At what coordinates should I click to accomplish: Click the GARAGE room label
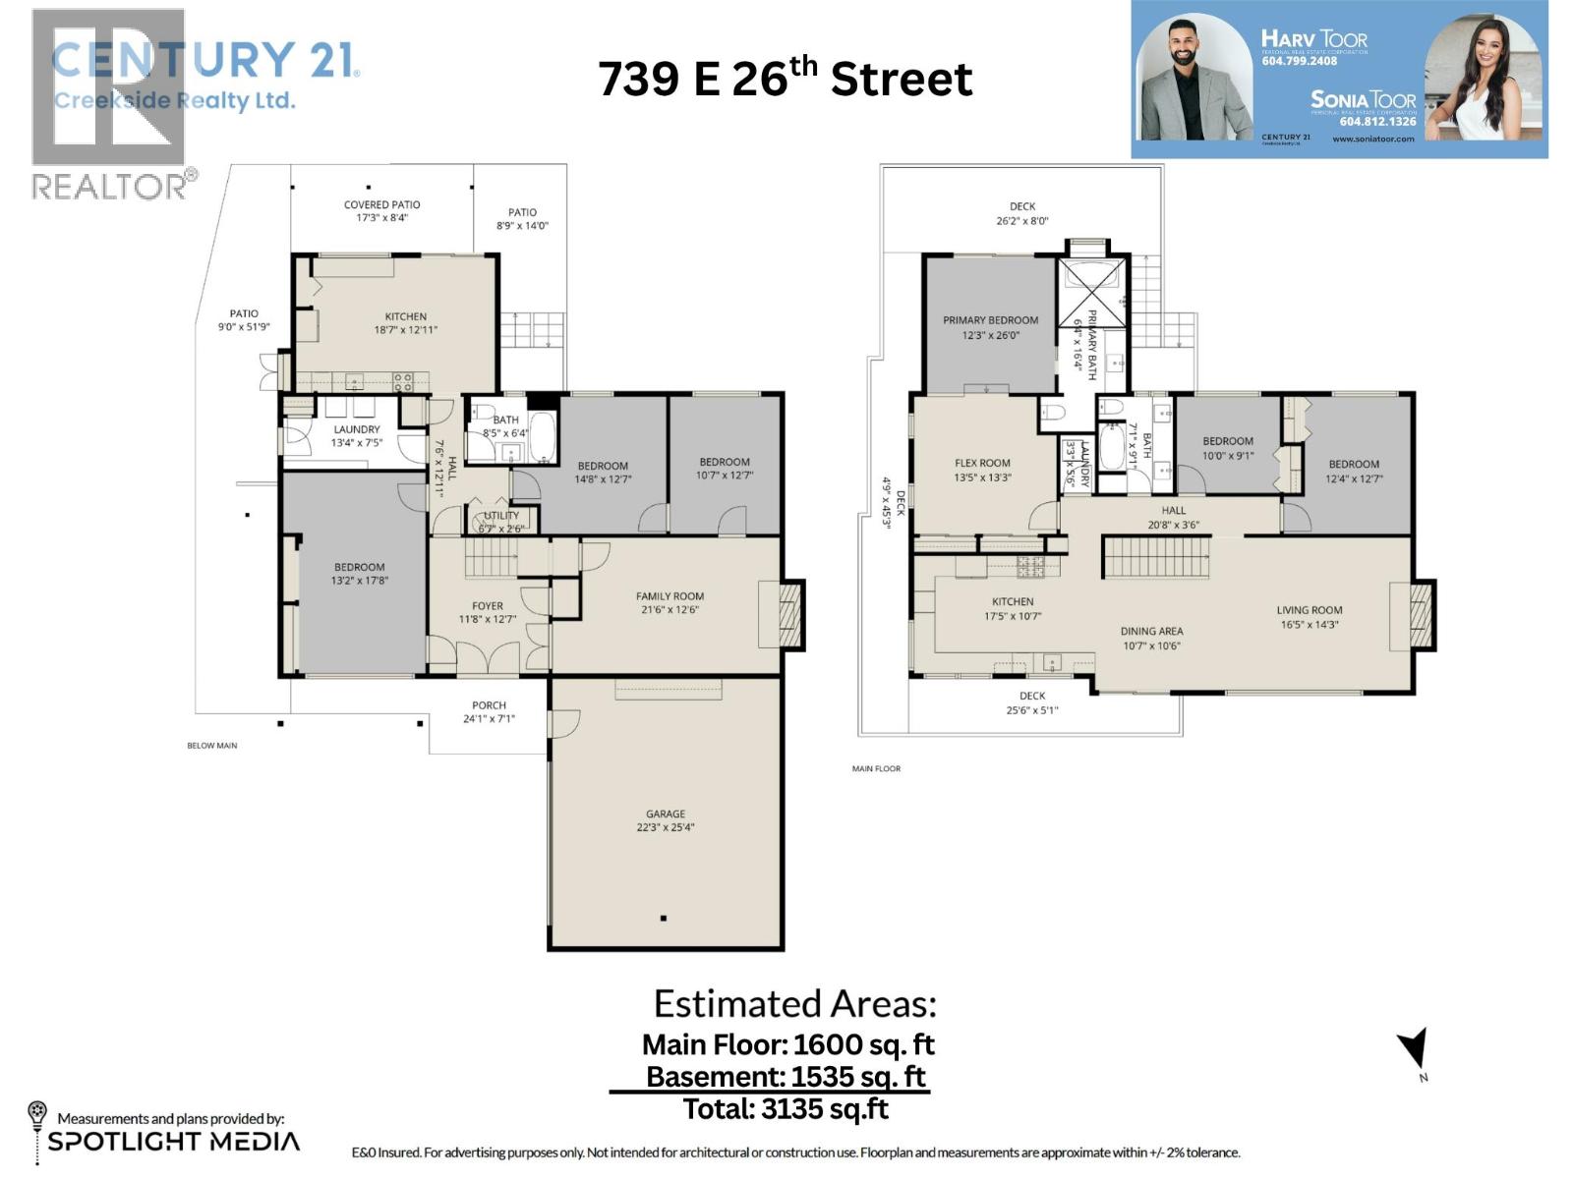[x=666, y=814]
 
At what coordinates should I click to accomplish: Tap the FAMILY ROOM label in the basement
[x=670, y=596]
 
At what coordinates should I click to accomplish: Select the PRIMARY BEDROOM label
[x=990, y=320]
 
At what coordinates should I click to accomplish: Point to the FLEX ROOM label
[x=982, y=463]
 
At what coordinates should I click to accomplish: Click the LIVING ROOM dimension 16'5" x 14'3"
[x=1309, y=624]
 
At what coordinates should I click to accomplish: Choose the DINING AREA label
[x=1151, y=632]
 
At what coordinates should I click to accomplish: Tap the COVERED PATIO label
[x=381, y=205]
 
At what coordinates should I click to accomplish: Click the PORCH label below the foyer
[x=489, y=705]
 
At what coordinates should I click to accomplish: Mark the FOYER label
[x=487, y=606]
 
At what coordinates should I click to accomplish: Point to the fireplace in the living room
[x=1420, y=615]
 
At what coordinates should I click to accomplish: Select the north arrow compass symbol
[x=1415, y=1049]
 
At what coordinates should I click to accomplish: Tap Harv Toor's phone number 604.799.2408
[x=1299, y=61]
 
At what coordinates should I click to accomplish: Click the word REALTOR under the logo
[x=109, y=187]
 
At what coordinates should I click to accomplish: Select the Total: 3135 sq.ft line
[x=786, y=1109]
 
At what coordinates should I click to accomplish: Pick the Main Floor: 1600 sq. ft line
[x=787, y=1044]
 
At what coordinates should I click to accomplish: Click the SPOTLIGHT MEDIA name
[x=174, y=1142]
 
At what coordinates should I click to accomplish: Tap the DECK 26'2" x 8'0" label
[x=1022, y=213]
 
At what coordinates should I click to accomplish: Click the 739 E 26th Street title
[x=785, y=79]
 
